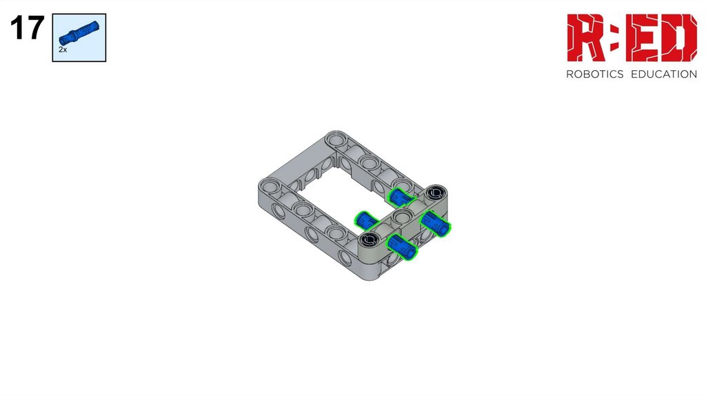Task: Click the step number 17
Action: (27, 28)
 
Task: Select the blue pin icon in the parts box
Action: (79, 33)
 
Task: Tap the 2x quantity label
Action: (63, 50)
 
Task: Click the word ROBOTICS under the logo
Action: (595, 74)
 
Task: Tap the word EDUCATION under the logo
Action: (664, 74)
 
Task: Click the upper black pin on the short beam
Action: (436, 193)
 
